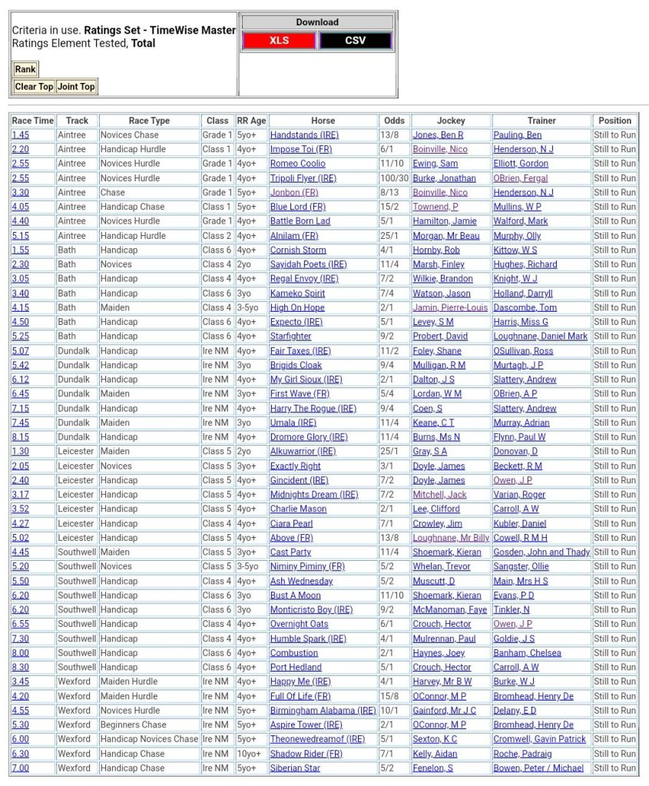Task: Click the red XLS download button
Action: (280, 41)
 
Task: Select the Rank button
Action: (25, 69)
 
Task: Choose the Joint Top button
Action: (77, 87)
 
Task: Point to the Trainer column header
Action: (541, 121)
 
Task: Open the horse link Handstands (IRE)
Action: (304, 135)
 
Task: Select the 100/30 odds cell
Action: (394, 178)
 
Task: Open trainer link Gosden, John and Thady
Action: (541, 552)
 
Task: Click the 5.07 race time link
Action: (21, 351)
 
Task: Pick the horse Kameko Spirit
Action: (297, 294)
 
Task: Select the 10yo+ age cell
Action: (250, 754)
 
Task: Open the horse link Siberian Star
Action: (296, 768)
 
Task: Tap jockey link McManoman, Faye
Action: (450, 610)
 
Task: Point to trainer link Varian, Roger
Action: (519, 495)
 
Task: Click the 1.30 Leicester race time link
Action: (21, 452)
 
